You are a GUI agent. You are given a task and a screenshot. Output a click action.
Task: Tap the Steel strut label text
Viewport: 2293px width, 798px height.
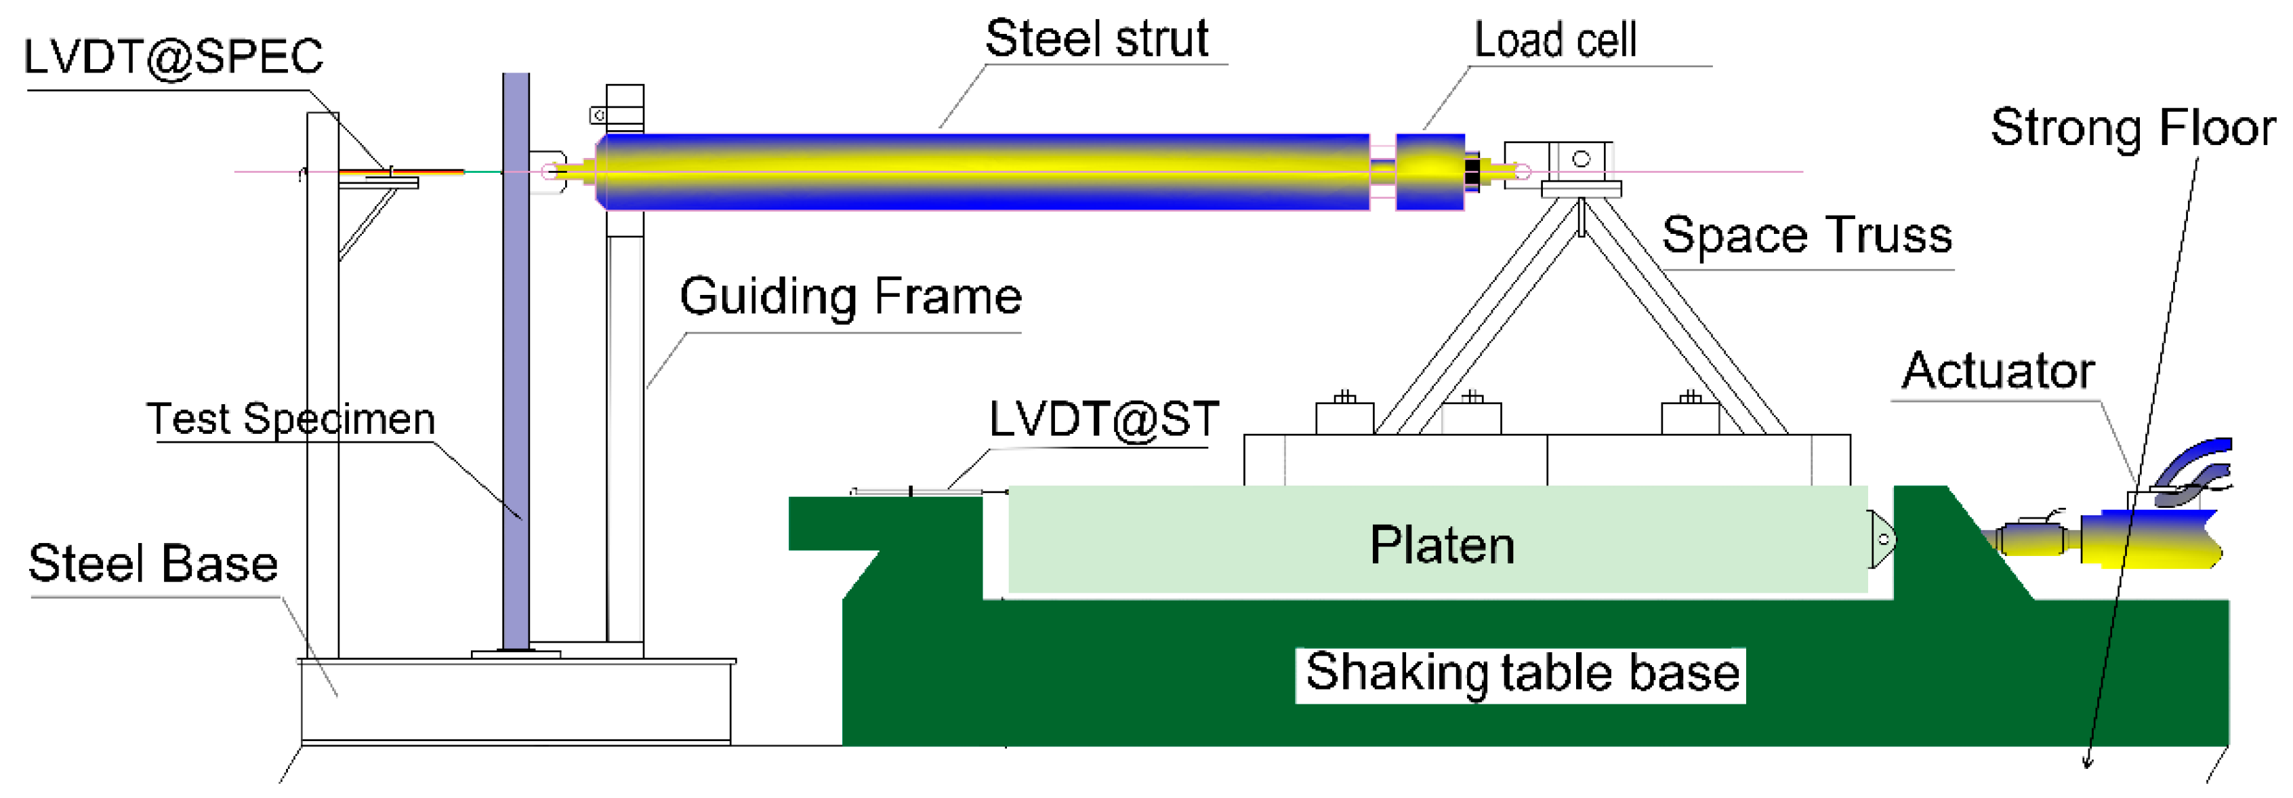(x=1096, y=39)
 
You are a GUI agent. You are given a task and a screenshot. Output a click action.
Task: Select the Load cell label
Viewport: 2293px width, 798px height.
(x=1554, y=41)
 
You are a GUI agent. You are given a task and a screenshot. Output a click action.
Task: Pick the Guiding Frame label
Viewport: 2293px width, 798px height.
(x=850, y=296)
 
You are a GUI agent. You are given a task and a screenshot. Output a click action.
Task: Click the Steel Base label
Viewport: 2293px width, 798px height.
(x=153, y=564)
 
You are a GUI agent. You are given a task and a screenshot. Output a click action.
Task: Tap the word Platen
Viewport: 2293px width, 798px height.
(x=1441, y=545)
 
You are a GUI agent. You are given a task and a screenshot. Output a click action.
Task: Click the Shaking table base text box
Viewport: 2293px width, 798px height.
(x=1521, y=673)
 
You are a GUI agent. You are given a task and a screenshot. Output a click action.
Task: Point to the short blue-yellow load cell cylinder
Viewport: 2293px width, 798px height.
(x=1428, y=172)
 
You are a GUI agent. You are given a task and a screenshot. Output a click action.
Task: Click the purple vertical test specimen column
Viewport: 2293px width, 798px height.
(x=516, y=356)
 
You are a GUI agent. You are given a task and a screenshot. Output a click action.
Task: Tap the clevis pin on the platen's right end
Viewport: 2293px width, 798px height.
(x=1882, y=539)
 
